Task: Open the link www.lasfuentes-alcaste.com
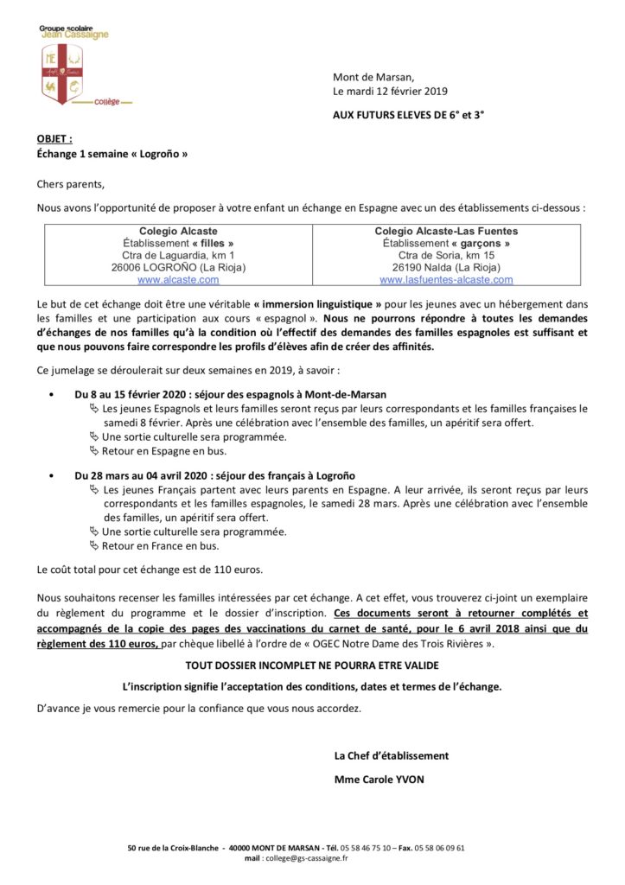446,280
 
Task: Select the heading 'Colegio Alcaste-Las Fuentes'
446,232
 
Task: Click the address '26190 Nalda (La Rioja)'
446,268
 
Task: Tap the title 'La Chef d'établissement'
392,755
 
